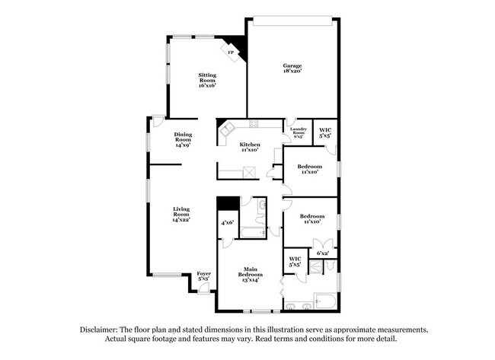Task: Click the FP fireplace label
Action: [230, 53]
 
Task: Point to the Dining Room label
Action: [183, 138]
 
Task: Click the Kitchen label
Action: [250, 144]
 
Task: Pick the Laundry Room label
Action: [298, 131]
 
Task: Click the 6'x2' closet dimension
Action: [322, 253]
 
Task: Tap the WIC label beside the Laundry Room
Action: [325, 129]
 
